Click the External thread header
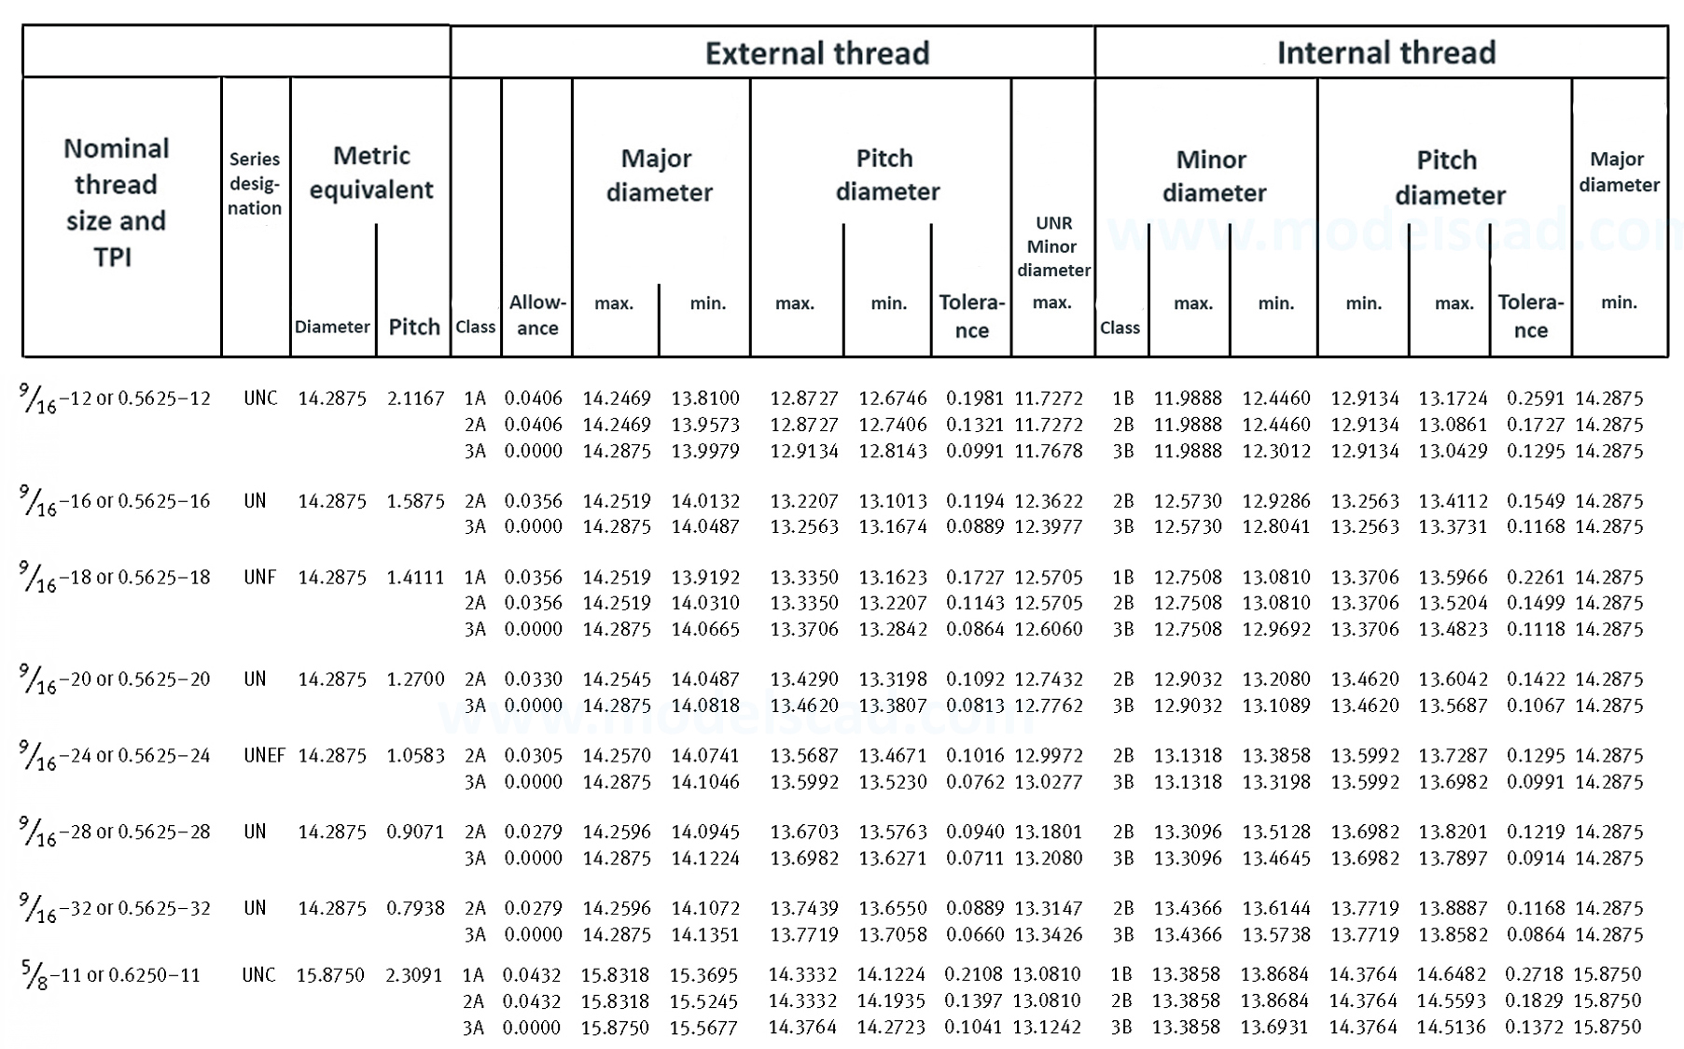816,53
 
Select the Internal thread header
1385,53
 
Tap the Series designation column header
255,184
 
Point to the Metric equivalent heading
371,173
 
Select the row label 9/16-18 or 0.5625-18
115,578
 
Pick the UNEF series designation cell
264,755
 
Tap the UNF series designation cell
260,578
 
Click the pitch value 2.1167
415,399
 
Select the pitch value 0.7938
415,908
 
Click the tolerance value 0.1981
974,399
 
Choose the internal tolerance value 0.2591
1535,399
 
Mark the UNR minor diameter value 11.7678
1049,451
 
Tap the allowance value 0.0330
534,679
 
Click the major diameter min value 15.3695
703,975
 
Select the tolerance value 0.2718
1533,974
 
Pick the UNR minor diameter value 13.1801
1049,832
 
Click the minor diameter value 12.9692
1275,629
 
